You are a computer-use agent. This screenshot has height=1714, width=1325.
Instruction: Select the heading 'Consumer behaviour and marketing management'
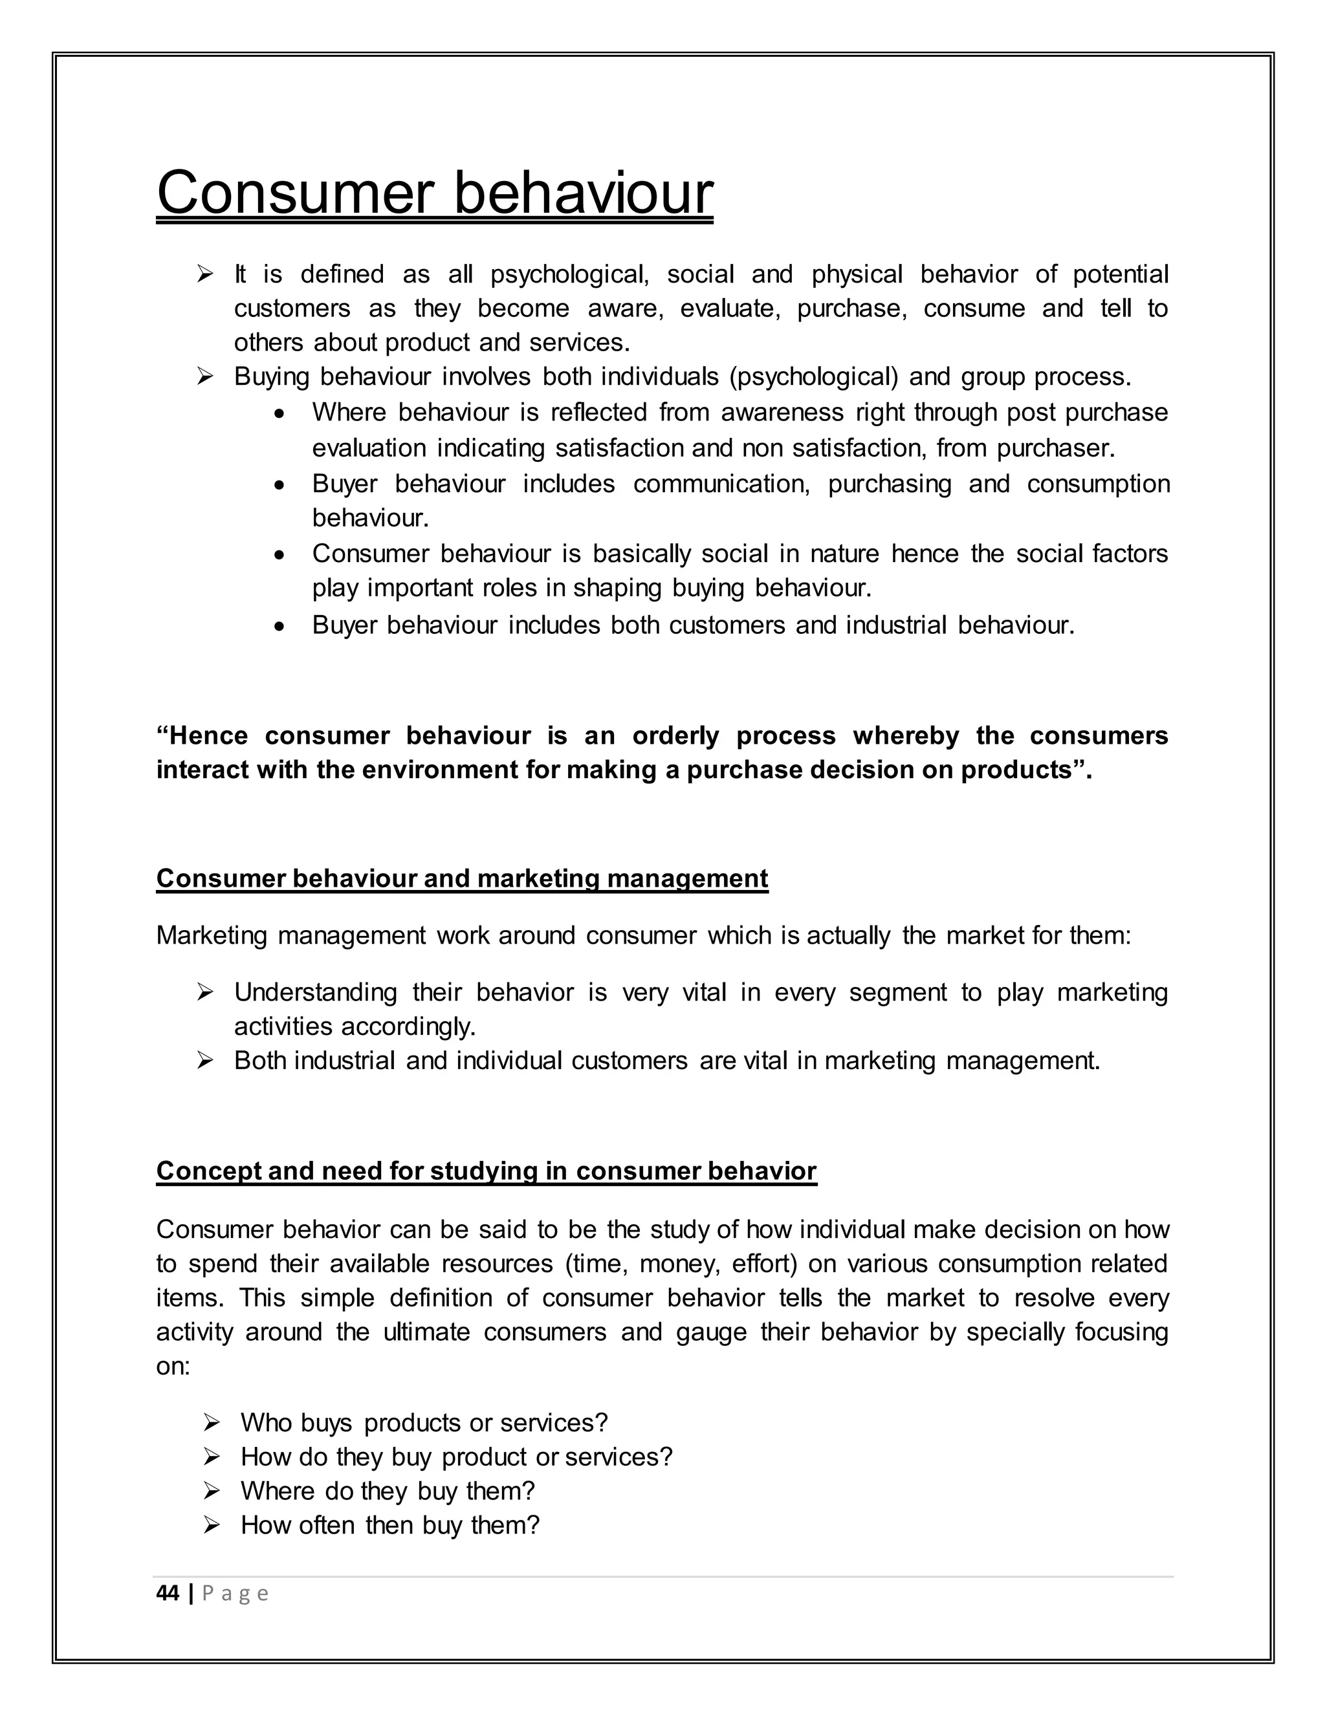[x=461, y=878]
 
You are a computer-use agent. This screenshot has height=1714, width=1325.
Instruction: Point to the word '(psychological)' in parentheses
[x=814, y=378]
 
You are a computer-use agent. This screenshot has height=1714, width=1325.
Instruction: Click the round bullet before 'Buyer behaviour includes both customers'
[x=279, y=627]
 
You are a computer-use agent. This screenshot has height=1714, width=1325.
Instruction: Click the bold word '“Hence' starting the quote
[x=202, y=736]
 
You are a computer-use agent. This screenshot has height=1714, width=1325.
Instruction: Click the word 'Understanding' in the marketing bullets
[x=316, y=993]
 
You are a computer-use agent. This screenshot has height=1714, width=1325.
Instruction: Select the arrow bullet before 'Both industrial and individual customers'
[x=205, y=1061]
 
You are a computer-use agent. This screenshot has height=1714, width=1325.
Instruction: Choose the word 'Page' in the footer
[x=235, y=1594]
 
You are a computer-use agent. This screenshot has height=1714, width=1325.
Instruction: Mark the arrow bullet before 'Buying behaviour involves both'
[x=205, y=378]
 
